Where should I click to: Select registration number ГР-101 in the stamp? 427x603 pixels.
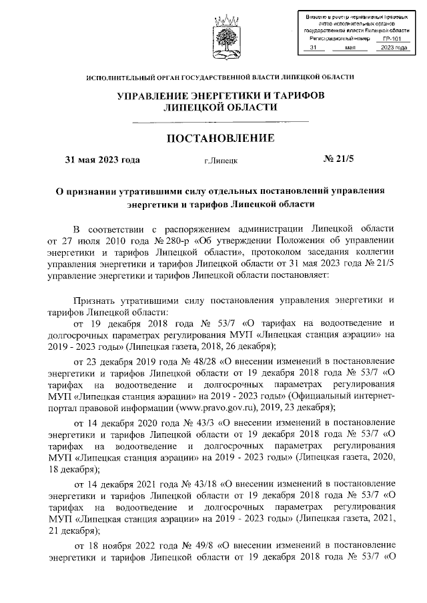(392, 39)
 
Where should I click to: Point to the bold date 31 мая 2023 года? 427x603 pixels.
(101, 161)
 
